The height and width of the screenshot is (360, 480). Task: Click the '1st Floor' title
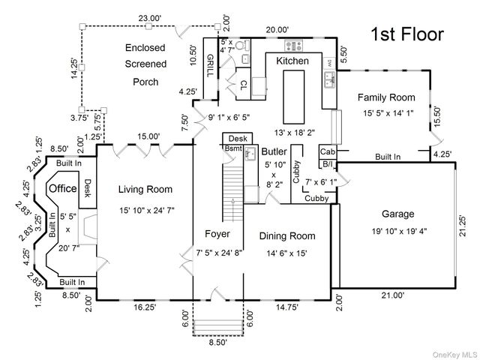point(408,34)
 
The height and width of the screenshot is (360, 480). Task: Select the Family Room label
point(385,97)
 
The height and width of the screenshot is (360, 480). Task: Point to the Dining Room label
point(287,236)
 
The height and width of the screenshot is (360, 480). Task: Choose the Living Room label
point(145,189)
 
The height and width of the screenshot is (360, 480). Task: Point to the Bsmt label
point(233,148)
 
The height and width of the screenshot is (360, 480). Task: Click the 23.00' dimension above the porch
point(149,17)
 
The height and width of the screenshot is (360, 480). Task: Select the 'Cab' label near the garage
point(328,151)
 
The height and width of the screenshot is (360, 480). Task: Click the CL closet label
point(244,86)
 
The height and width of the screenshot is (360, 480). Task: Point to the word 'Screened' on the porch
point(145,64)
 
